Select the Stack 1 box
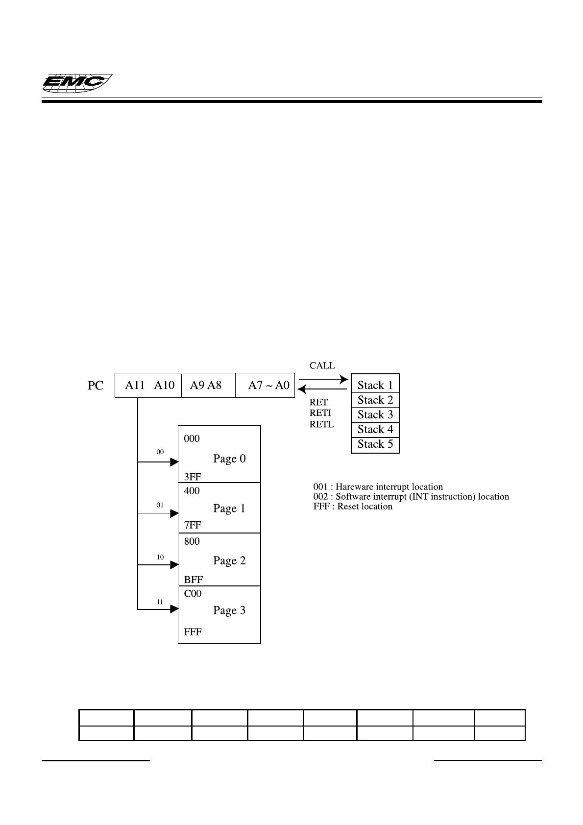point(375,385)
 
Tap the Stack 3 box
point(375,415)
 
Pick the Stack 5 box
point(375,444)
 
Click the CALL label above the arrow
point(322,365)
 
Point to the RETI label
point(320,413)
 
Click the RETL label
point(321,424)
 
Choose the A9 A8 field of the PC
point(206,386)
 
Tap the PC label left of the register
point(96,386)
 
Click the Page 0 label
point(229,459)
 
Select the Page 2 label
point(229,561)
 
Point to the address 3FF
point(193,477)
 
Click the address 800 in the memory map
point(192,542)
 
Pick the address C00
point(193,594)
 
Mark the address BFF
point(194,580)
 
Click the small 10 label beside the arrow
point(160,558)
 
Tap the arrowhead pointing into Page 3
point(174,609)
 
